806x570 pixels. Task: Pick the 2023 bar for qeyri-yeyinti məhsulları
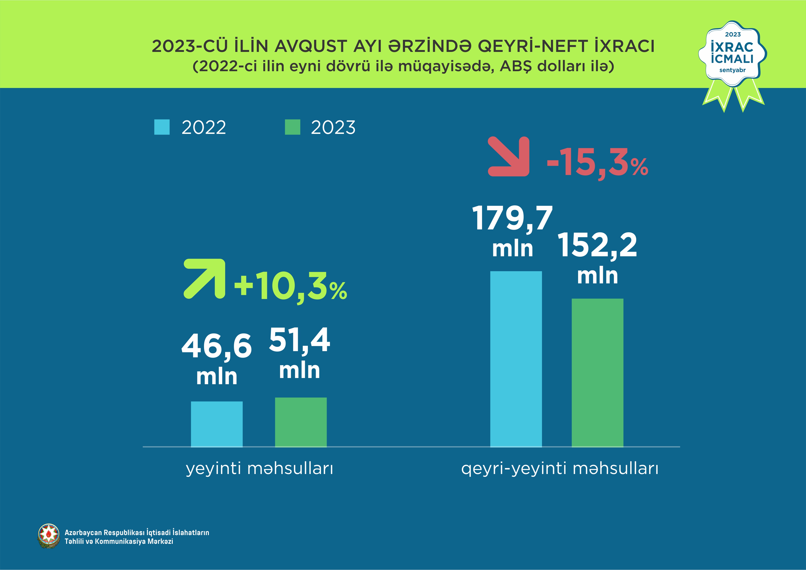597,372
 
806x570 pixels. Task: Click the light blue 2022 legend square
162,127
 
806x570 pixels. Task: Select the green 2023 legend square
292,127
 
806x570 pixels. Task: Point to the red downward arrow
509,157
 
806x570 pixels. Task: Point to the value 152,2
597,246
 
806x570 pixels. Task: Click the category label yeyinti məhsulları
259,468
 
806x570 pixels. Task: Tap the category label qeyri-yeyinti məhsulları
559,468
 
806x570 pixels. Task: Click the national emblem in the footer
48,536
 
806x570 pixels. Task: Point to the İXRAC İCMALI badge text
732,53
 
